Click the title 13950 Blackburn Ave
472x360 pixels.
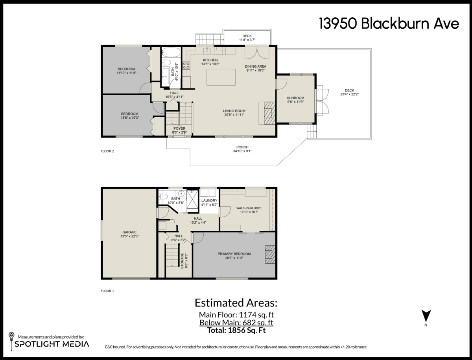(389, 24)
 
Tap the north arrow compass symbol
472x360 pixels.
(426, 316)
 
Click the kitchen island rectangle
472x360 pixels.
(221, 77)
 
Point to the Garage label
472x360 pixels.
(129, 232)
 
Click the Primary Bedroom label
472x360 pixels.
(234, 254)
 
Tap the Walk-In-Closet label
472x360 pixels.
(249, 208)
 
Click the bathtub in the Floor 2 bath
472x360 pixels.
(171, 52)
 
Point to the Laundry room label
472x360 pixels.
(209, 200)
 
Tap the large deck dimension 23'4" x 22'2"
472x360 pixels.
(349, 94)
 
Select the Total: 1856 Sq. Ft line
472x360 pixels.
(236, 331)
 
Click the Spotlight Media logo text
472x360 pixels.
(52, 344)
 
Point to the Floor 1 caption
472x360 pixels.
(107, 291)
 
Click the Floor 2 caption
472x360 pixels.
(107, 151)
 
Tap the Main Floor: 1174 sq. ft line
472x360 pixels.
(236, 315)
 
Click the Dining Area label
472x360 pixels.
(255, 66)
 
